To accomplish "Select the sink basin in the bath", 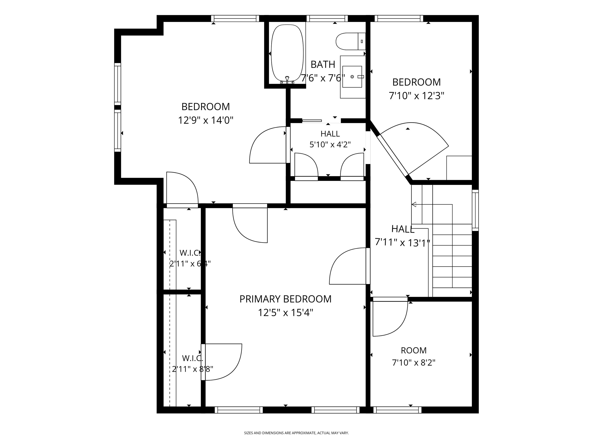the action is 352,77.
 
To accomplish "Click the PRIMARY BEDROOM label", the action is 285,299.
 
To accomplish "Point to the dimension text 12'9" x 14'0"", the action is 206,120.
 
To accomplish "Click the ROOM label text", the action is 414,350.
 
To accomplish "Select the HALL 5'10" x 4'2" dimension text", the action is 330,145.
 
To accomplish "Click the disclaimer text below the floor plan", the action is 296,433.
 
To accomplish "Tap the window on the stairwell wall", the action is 475,210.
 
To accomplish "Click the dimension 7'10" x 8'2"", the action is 414,363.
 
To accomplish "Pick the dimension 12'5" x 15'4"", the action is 285,313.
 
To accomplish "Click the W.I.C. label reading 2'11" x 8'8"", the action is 192,363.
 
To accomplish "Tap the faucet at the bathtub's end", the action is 287,80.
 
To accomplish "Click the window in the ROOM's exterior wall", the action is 397,410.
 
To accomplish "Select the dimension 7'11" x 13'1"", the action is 402,242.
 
